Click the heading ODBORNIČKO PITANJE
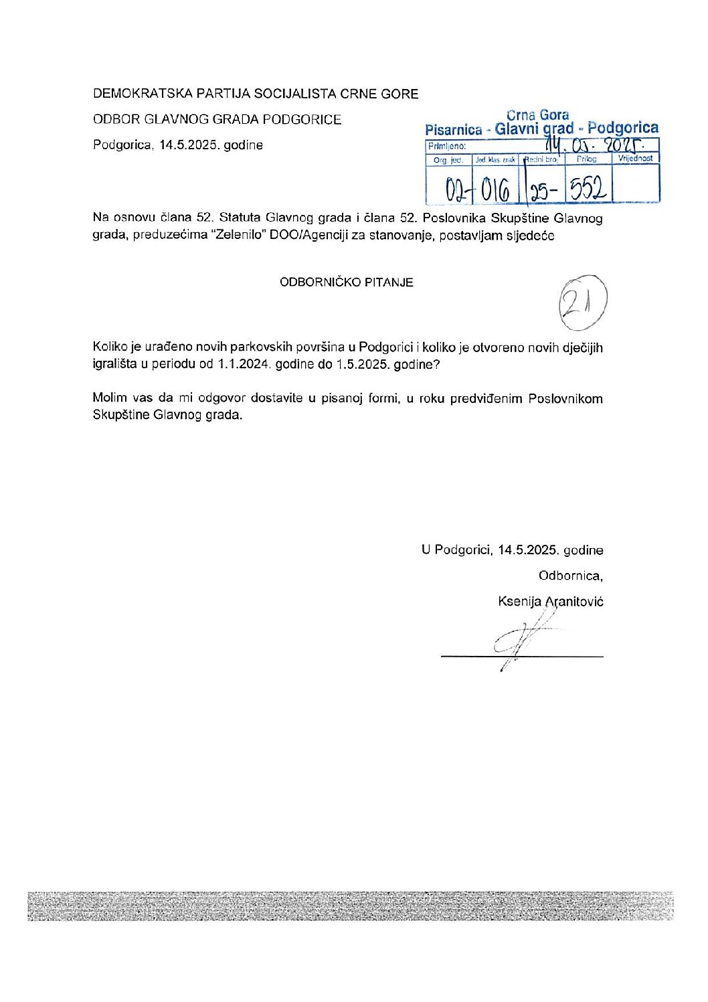tap(346, 282)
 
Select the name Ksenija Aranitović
tap(550, 601)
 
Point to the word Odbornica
tap(570, 576)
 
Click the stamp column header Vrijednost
tap(636, 159)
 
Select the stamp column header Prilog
tap(586, 159)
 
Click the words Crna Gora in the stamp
tap(537, 115)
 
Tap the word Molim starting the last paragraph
tap(109, 399)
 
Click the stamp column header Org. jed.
tap(448, 160)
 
